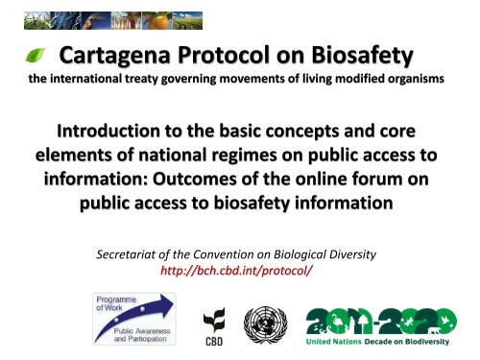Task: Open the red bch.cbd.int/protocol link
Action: pyautogui.click(x=239, y=273)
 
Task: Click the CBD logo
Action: pyautogui.click(x=220, y=326)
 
